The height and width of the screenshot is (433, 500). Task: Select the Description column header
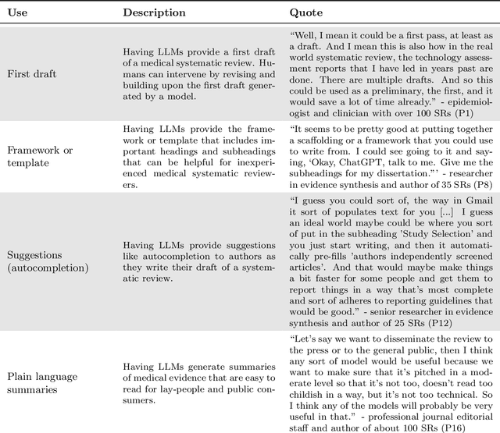click(x=154, y=12)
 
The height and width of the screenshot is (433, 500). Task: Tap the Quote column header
click(x=306, y=12)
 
